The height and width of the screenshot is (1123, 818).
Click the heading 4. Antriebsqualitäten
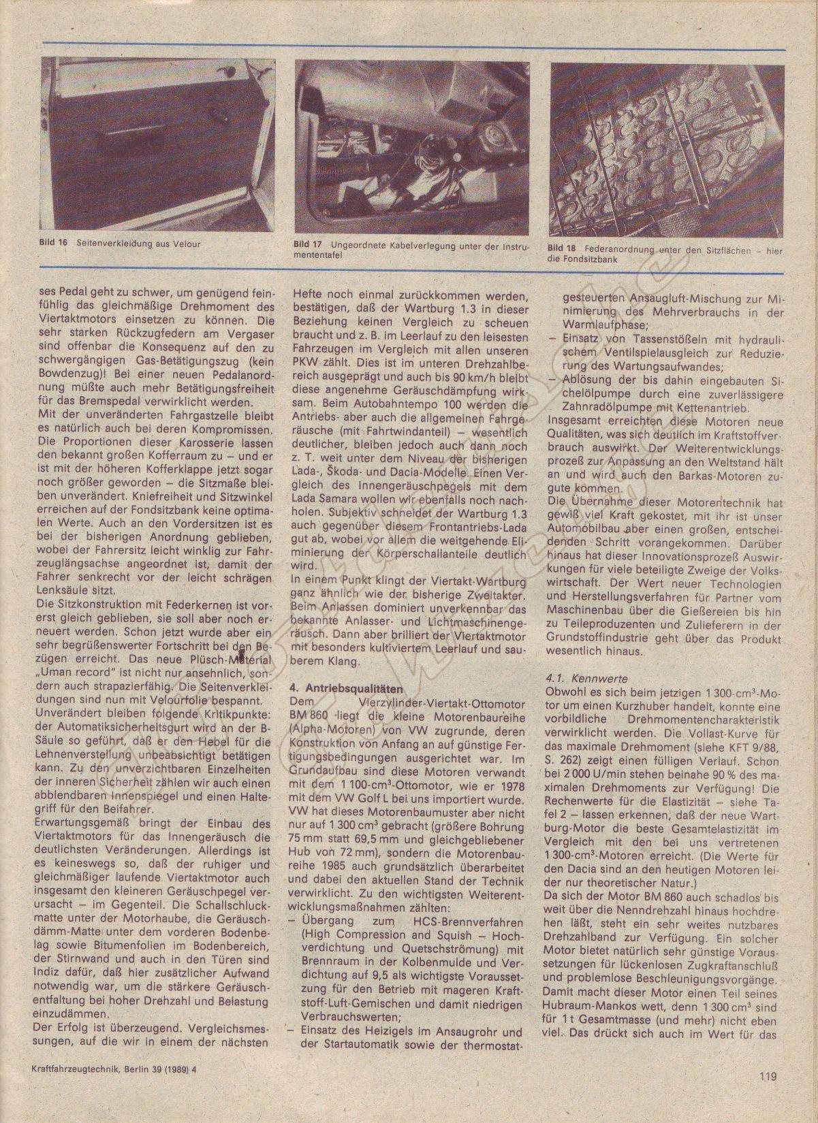[346, 687]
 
